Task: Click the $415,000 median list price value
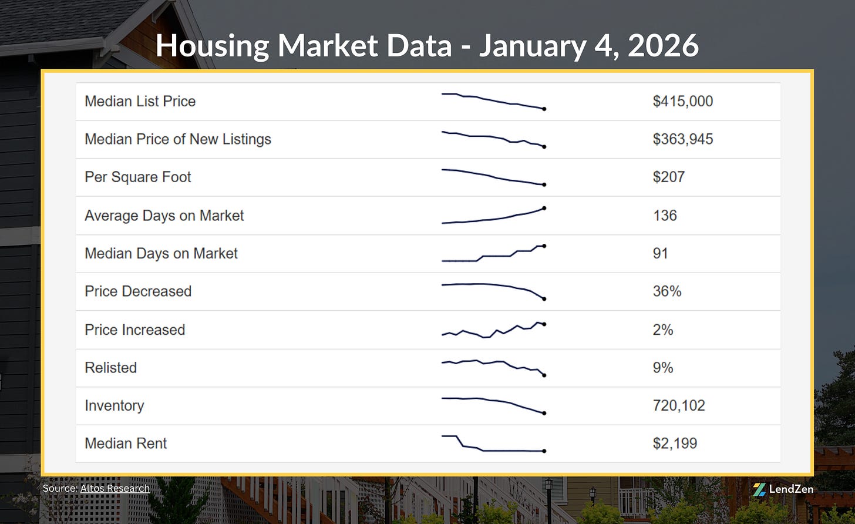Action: (x=682, y=101)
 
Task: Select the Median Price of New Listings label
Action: (x=178, y=139)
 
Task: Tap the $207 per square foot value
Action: (x=668, y=177)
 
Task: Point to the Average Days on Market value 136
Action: (x=665, y=216)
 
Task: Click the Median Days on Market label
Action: (x=161, y=253)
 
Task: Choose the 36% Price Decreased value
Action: (x=667, y=291)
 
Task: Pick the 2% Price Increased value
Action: (x=663, y=330)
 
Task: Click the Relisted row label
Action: (x=110, y=368)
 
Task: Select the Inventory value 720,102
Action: (x=679, y=405)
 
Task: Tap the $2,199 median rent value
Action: (x=675, y=444)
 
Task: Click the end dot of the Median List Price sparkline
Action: (x=544, y=109)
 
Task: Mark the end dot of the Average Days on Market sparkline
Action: (x=544, y=208)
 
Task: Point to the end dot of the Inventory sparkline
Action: (x=544, y=414)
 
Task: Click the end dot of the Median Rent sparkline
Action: (x=544, y=451)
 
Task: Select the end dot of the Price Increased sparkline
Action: (x=544, y=324)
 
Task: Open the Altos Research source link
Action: (x=115, y=488)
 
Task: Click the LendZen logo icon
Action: (x=759, y=489)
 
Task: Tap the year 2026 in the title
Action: (x=663, y=46)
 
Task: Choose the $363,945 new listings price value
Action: (x=682, y=139)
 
